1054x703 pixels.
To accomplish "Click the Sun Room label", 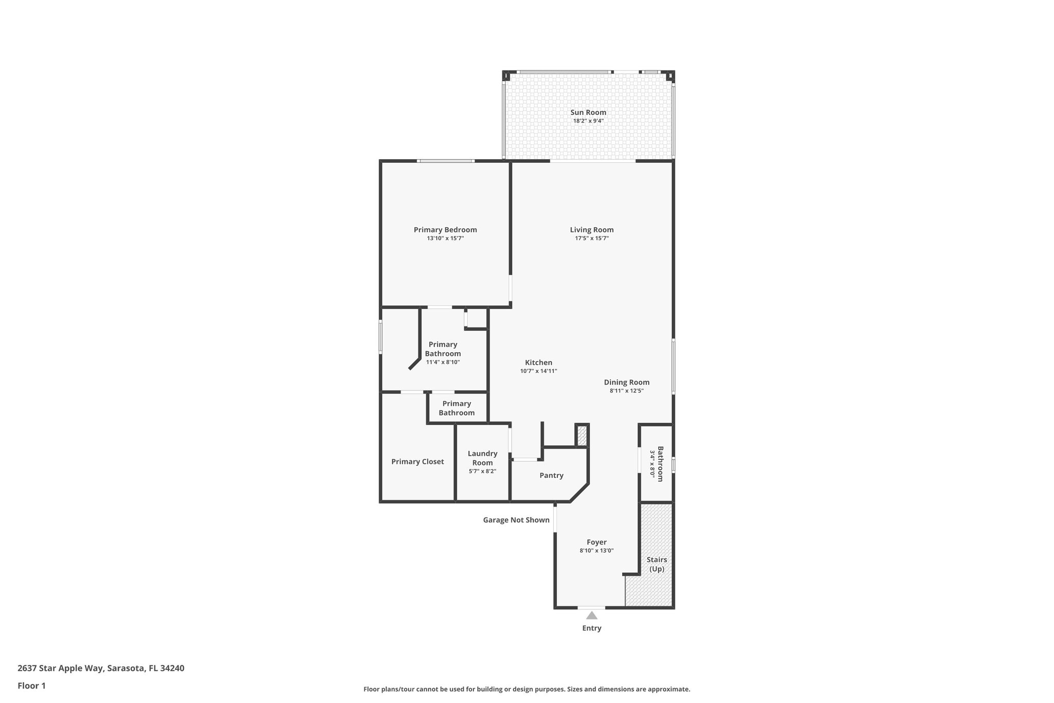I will (588, 112).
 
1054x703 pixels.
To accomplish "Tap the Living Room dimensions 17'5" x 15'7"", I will (591, 238).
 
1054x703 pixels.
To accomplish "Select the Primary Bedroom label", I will (445, 230).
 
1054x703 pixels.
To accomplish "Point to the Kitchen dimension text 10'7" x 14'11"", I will (538, 371).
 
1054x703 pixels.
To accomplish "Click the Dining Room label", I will (626, 382).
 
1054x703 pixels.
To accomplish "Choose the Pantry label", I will (551, 475).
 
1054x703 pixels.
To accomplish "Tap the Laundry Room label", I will (482, 458).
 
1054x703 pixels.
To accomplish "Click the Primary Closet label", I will (417, 461).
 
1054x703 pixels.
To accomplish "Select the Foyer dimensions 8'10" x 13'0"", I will (596, 551).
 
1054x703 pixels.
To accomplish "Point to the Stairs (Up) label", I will (657, 564).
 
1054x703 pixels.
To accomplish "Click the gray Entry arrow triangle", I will (592, 615).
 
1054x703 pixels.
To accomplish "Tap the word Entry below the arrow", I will (591, 628).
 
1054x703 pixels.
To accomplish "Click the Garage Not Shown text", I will (516, 520).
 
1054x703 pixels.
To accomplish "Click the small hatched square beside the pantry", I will (582, 436).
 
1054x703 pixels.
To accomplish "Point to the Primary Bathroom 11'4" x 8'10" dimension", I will (443, 362).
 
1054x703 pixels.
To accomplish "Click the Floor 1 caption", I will (31, 685).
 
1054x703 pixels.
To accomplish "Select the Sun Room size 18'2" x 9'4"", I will (588, 121).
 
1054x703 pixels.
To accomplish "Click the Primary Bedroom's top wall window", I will (446, 161).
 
